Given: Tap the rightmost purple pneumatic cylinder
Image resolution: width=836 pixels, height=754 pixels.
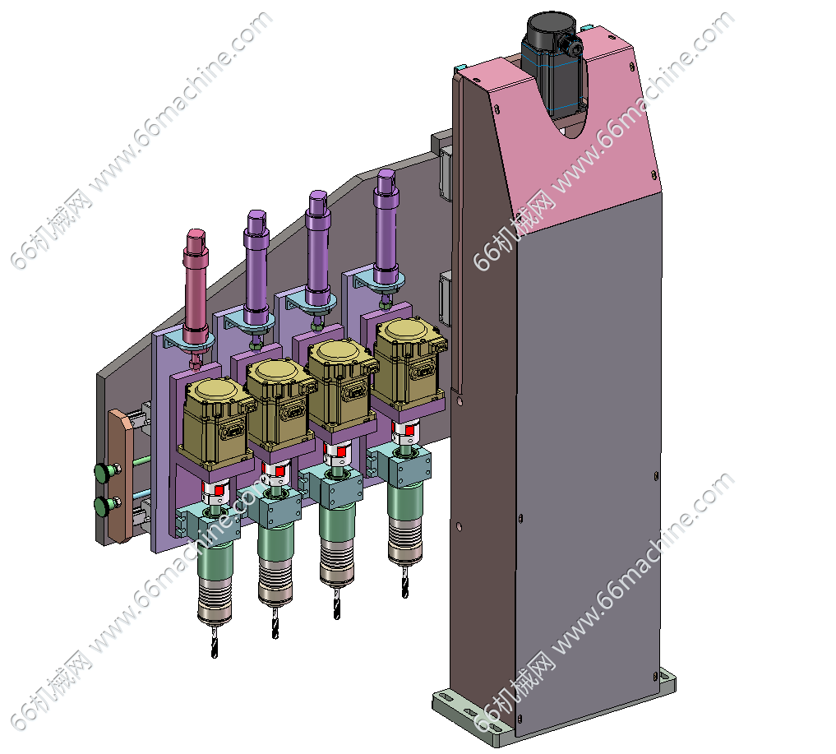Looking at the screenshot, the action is (386, 229).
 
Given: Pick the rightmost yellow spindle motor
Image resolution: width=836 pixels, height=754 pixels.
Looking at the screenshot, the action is (409, 362).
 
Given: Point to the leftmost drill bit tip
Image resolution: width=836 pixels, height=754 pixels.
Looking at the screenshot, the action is (215, 656).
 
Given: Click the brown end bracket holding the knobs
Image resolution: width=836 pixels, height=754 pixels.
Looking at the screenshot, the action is (121, 475).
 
